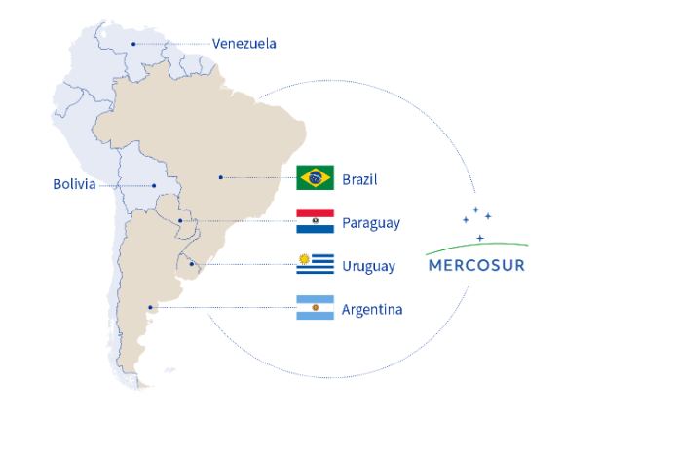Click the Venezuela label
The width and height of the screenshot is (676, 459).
click(x=244, y=43)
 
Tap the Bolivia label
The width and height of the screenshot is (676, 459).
click(x=75, y=184)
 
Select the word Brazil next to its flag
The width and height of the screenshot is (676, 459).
click(x=358, y=179)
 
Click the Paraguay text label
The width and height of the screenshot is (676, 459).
click(x=370, y=223)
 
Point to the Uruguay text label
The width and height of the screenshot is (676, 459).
click(x=368, y=266)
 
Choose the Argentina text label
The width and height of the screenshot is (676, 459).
click(x=371, y=310)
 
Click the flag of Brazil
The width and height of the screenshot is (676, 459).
click(x=316, y=177)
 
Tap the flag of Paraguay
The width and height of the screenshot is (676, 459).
click(x=316, y=221)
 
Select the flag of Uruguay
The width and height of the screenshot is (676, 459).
click(x=316, y=264)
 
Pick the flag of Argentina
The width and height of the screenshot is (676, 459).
click(x=316, y=308)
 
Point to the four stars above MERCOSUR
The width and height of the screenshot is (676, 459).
click(x=477, y=220)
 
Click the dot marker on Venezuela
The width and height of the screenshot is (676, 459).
click(x=133, y=44)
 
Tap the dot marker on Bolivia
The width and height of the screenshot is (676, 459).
click(x=154, y=184)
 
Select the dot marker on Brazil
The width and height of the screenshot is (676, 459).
click(x=221, y=177)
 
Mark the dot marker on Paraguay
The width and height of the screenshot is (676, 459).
click(x=180, y=221)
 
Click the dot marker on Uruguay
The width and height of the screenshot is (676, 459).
click(x=192, y=264)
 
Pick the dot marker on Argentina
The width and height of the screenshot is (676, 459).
click(x=150, y=308)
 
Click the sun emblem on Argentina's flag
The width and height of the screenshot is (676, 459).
click(x=316, y=308)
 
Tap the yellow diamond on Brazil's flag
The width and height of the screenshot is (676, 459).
click(x=316, y=177)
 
